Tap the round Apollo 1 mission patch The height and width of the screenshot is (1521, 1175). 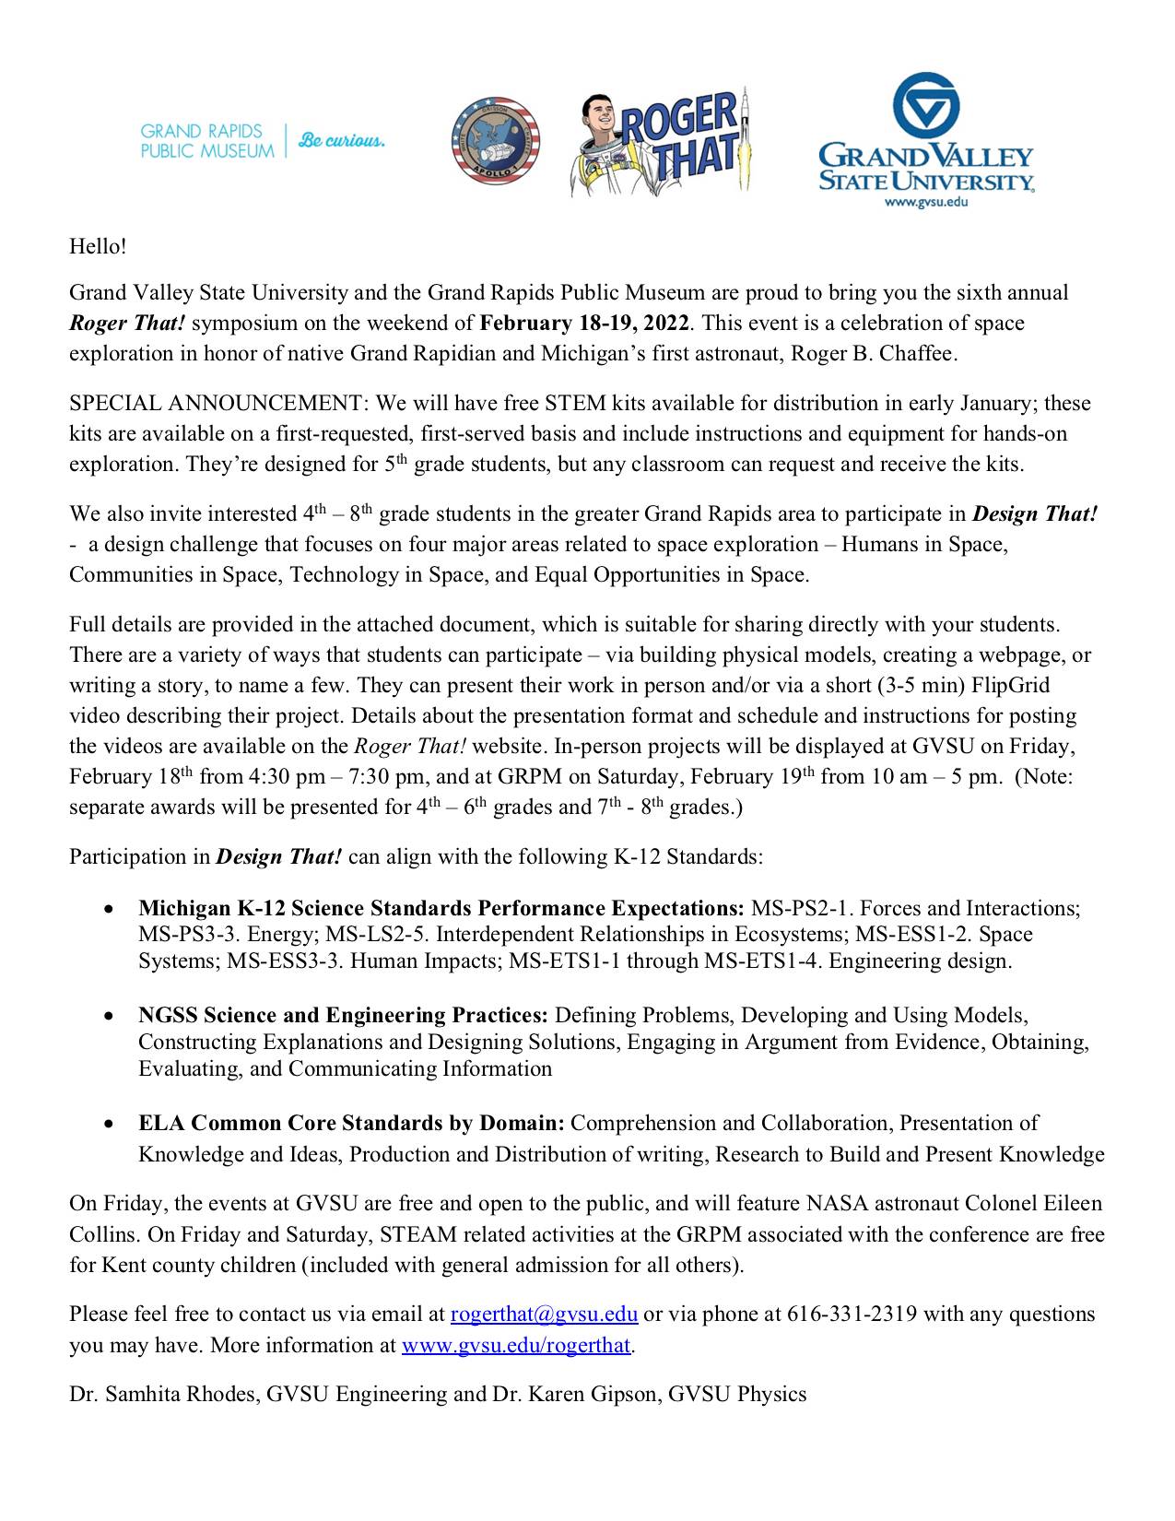pyautogui.click(x=495, y=140)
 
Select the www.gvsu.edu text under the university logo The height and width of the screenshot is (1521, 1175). pyautogui.click(x=925, y=201)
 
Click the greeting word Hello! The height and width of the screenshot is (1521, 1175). pyautogui.click(x=97, y=247)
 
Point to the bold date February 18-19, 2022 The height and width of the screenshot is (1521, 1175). pyautogui.click(x=585, y=324)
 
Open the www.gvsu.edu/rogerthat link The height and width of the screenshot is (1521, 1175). pyautogui.click(x=516, y=1345)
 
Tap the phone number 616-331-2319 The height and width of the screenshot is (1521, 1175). pyautogui.click(x=852, y=1315)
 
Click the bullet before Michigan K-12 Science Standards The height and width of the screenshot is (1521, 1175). pyautogui.click(x=110, y=909)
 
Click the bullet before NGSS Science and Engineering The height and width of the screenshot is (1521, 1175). pyautogui.click(x=110, y=1016)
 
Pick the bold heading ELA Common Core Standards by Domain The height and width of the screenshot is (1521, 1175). pyautogui.click(x=351, y=1124)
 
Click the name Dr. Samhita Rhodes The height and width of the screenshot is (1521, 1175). pyautogui.click(x=164, y=1395)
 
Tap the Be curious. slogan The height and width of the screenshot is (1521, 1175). pyautogui.click(x=342, y=141)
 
